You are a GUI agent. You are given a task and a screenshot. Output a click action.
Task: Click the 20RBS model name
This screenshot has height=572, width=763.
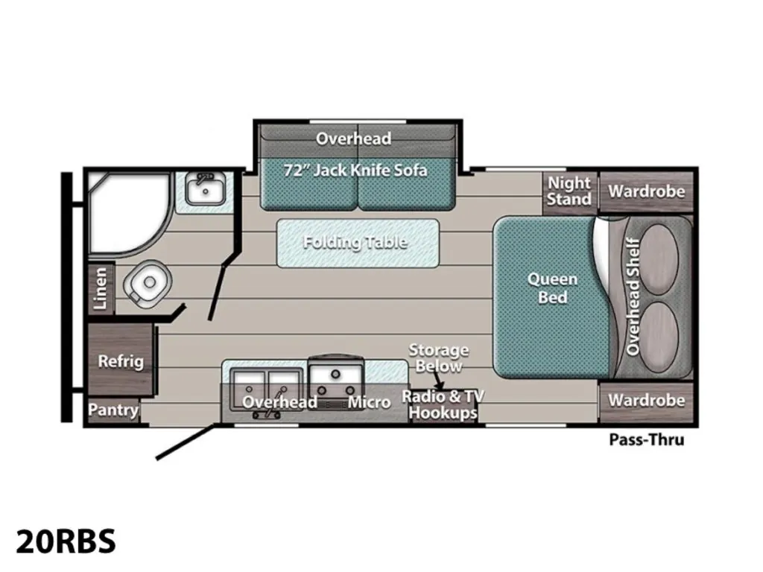coord(66,541)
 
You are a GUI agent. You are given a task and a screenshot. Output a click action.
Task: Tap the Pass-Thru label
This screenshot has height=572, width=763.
coord(646,439)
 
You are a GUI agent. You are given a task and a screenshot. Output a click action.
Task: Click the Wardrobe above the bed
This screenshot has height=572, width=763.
coord(646,191)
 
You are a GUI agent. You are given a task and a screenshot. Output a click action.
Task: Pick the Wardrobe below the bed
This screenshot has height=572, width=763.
coord(646,402)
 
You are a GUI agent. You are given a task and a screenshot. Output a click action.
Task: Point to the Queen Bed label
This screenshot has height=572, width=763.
coord(552,288)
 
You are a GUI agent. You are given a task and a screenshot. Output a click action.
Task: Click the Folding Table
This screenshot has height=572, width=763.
coord(358,243)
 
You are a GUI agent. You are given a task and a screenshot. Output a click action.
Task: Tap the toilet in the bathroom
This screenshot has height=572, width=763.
coord(148,283)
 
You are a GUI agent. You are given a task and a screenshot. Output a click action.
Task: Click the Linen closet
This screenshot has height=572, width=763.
coord(101,288)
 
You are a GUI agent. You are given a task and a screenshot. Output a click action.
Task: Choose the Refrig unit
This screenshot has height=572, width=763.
coord(120,360)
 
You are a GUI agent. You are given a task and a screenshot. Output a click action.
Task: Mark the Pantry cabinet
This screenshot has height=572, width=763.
coord(113,410)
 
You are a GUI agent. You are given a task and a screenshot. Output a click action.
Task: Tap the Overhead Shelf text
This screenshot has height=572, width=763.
coord(632,296)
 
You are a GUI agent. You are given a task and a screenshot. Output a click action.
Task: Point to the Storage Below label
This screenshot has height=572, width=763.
coord(438,358)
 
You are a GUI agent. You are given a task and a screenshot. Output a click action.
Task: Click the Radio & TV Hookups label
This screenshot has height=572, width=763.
coord(443,404)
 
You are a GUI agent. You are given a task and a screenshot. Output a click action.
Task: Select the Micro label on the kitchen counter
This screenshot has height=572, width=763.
coord(369,402)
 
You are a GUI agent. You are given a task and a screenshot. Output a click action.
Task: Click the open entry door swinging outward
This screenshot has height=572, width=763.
coord(185,442)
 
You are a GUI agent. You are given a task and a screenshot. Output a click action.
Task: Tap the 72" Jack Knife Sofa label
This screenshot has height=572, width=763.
coord(355,171)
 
